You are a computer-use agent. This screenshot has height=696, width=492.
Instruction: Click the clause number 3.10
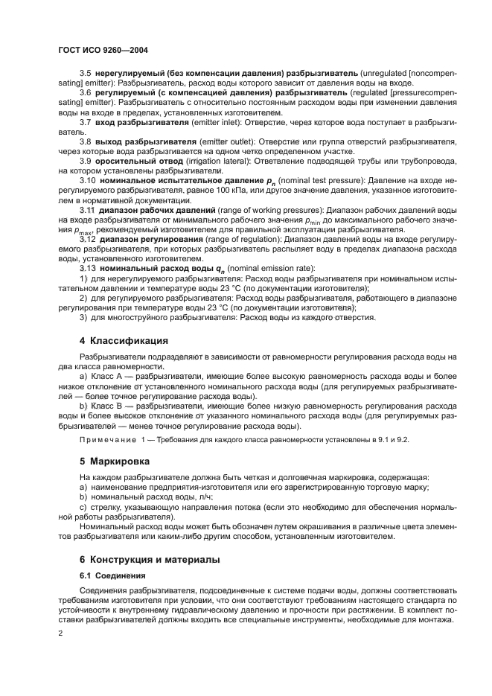pos(87,180)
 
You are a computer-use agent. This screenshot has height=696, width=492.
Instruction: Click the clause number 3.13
pos(87,267)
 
